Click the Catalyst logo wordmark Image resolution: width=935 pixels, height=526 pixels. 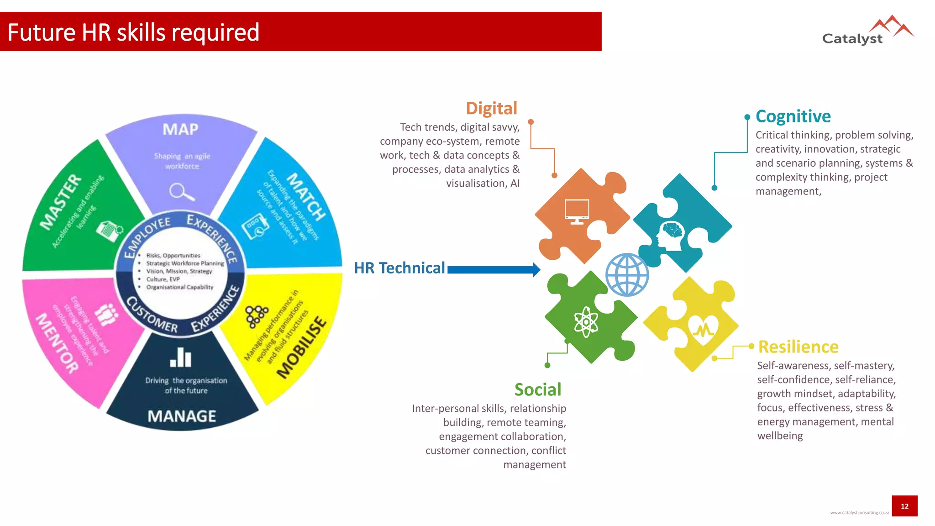click(x=852, y=39)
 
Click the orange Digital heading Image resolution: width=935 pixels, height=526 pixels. click(x=491, y=109)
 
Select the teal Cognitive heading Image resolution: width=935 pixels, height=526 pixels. click(x=793, y=116)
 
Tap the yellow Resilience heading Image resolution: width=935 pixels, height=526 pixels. click(x=798, y=347)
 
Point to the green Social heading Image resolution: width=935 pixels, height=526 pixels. click(x=537, y=390)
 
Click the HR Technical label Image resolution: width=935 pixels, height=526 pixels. click(x=399, y=268)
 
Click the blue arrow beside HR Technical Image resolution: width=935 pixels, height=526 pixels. click(x=494, y=270)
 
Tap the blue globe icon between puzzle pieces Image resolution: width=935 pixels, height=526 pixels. click(x=627, y=275)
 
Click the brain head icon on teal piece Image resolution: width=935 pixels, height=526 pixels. click(x=670, y=236)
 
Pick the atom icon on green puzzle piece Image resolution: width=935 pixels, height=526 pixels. click(x=586, y=322)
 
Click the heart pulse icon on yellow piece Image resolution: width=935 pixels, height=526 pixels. click(x=703, y=328)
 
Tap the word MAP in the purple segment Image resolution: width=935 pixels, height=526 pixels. click(x=181, y=130)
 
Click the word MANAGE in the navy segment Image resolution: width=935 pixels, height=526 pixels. click(x=182, y=416)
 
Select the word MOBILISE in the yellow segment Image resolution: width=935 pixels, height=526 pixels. click(x=302, y=347)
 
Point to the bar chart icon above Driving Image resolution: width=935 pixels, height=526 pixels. click(x=181, y=358)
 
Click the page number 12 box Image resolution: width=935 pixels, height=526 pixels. click(x=904, y=506)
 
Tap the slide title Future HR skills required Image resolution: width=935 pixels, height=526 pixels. click(x=133, y=32)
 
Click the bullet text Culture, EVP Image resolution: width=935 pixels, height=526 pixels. click(x=163, y=279)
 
